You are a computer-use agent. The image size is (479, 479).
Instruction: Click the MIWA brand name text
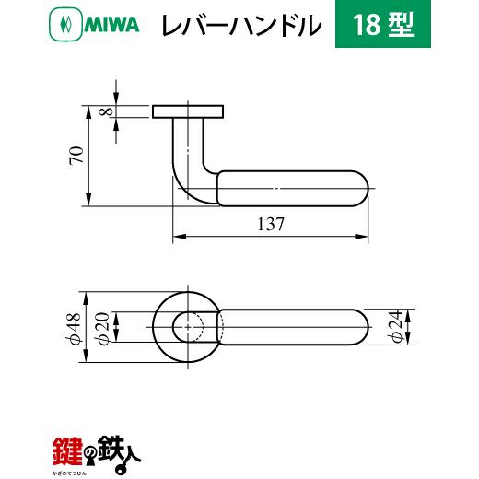click(x=111, y=25)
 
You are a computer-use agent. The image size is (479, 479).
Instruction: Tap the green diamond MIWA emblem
click(x=65, y=24)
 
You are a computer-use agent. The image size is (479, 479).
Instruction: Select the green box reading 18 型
click(x=383, y=24)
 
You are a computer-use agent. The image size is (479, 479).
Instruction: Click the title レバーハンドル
click(x=241, y=25)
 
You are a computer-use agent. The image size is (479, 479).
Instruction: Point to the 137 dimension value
click(x=271, y=224)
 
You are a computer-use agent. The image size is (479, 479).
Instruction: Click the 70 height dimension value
click(x=76, y=156)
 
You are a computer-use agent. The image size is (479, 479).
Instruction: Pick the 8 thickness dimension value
click(x=106, y=111)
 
